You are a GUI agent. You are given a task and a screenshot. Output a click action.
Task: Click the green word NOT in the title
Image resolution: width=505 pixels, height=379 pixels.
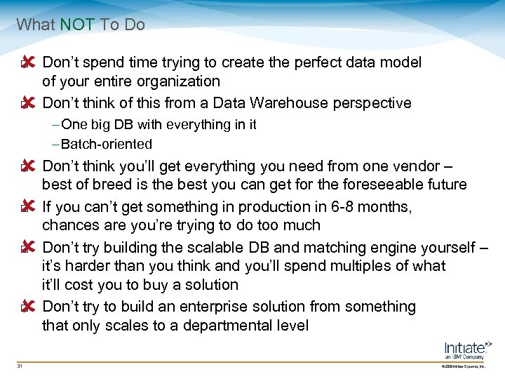78,25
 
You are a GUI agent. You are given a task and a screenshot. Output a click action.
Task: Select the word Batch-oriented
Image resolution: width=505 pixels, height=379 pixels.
107,144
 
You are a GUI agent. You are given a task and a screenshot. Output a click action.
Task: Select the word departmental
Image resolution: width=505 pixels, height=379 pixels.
206,325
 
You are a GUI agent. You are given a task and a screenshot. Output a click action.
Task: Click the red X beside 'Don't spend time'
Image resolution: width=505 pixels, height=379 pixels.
28,63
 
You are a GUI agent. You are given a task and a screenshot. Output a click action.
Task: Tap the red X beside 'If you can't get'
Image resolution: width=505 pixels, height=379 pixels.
28,208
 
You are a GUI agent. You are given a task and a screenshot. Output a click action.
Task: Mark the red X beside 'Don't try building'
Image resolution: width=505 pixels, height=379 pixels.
28,248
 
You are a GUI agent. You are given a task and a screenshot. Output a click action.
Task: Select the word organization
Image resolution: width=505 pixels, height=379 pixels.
180,81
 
